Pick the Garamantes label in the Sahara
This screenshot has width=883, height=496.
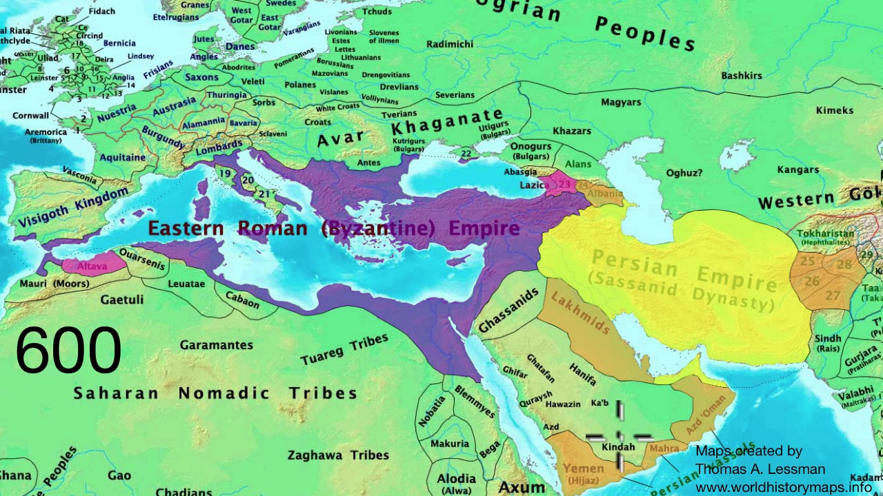216,344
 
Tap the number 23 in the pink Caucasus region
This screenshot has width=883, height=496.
564,185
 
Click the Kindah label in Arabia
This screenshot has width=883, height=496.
618,447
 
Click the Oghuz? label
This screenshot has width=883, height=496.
684,174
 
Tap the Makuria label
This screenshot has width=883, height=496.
449,444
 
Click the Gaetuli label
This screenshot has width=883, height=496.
122,300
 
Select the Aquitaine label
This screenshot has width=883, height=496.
123,157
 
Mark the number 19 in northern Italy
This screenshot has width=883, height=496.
226,174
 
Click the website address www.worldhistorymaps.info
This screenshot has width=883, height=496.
783,487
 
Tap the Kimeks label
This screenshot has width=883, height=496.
834,110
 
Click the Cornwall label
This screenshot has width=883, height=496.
30,116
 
